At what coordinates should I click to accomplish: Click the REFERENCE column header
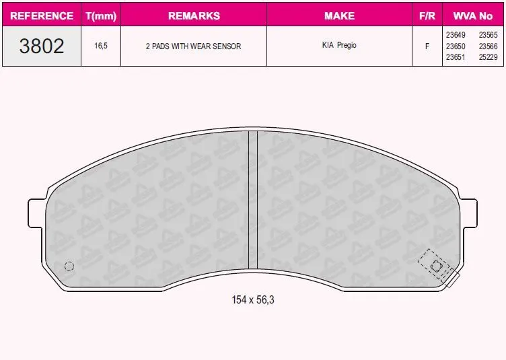(x=42, y=15)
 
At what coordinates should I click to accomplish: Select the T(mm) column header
(x=101, y=15)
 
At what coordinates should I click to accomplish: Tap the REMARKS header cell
(x=194, y=15)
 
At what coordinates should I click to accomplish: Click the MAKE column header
(x=340, y=15)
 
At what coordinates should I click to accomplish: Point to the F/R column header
(x=427, y=15)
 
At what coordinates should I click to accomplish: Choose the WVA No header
(x=473, y=15)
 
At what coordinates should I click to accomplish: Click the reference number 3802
(x=42, y=46)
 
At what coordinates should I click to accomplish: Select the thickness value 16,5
(x=101, y=46)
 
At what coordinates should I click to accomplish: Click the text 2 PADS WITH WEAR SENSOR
(x=193, y=46)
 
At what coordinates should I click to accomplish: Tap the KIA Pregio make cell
(x=339, y=45)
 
